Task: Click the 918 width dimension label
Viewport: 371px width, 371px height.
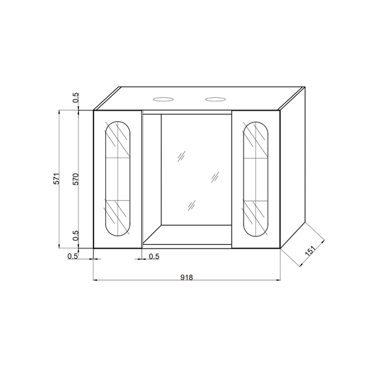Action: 187,277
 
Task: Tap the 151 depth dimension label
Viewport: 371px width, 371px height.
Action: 310,250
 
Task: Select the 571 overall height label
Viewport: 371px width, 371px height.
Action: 56,179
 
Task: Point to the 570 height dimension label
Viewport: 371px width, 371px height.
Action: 75,179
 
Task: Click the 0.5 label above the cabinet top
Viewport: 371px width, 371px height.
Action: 75,98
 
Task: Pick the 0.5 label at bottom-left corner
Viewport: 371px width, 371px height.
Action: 72,256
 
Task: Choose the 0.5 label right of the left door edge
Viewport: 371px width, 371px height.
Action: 154,257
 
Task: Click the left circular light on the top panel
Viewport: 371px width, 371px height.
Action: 163,100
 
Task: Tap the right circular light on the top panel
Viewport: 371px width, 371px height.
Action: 216,100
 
